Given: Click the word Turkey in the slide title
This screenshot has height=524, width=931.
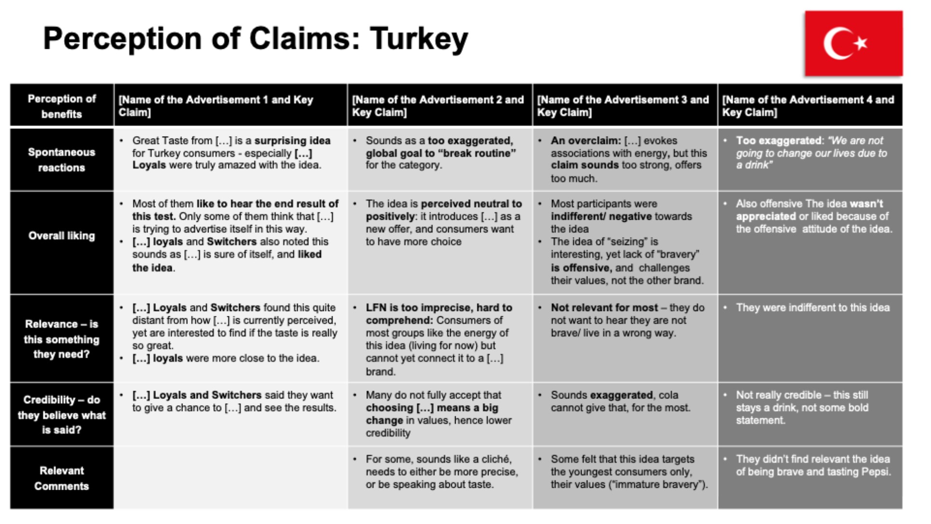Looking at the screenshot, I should pos(419,39).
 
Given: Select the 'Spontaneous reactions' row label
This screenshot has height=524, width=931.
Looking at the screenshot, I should pos(62,160).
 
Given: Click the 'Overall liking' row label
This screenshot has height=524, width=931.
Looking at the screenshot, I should pos(62,236).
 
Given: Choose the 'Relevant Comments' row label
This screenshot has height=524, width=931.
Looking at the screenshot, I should pos(62,478).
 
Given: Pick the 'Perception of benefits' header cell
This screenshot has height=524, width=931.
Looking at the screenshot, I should pos(62,106).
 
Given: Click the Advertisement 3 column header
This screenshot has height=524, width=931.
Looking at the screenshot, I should pos(623,106).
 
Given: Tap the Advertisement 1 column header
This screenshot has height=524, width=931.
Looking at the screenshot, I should pos(216,106).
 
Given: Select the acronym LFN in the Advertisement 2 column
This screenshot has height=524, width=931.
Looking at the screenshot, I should pos(376,308).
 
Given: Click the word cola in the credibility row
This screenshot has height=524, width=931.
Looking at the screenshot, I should pos(668,395).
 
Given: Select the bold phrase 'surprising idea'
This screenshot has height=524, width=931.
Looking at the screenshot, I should pos(292,141).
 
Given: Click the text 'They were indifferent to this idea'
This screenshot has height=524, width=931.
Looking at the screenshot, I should pos(812,308).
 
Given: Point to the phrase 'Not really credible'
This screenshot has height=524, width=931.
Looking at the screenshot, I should pos(778,395).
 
